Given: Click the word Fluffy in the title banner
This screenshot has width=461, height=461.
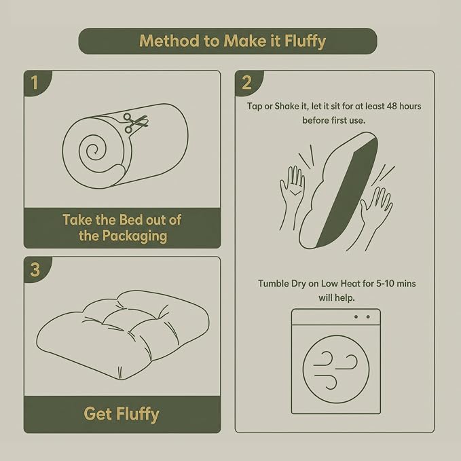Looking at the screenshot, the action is coord(305,41).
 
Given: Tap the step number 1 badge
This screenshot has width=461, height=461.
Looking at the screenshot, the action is coord(35,83).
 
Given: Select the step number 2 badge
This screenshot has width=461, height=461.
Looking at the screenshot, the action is coord(247,83).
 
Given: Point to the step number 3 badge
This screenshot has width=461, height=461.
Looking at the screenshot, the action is coord(35,270).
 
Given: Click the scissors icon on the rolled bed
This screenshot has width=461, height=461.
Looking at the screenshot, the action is coord(134,122).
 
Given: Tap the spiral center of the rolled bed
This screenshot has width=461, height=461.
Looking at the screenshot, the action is coord(94,151).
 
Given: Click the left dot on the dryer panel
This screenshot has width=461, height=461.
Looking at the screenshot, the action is coord(356,316).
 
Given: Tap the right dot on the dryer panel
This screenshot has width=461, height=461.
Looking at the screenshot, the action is coord(368,316).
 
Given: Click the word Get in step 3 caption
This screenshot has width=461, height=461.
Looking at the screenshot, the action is coord(98,414).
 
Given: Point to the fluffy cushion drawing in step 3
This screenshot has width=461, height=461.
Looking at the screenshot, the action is coord(123,335).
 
